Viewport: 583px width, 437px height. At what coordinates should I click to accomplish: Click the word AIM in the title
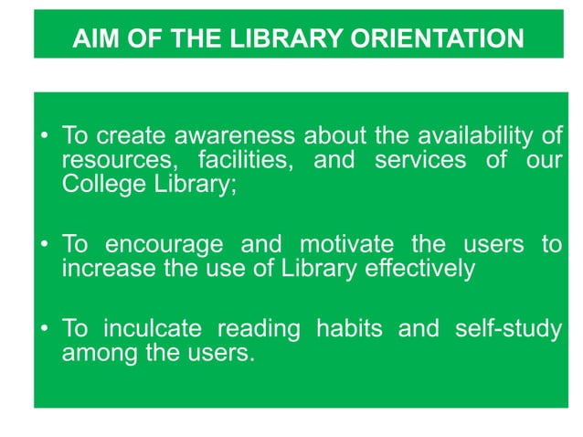click(93, 40)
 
